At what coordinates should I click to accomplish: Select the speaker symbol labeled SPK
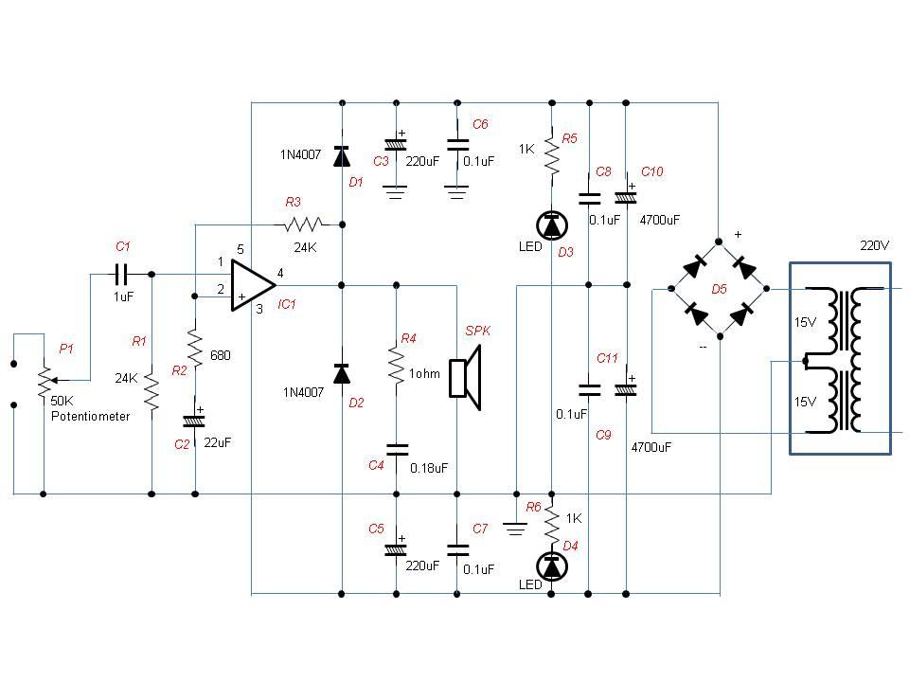pos(466,378)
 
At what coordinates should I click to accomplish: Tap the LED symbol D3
pos(551,225)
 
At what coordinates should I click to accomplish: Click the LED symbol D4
pos(551,565)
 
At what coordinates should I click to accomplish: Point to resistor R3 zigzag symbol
pos(303,224)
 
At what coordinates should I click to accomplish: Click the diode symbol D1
pos(341,156)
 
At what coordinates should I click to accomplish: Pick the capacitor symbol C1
pos(122,275)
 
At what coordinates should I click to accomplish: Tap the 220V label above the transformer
pos(874,245)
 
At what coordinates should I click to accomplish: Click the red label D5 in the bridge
pos(719,289)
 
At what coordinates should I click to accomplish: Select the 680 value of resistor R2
pos(219,355)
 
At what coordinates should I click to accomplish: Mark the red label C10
pos(651,171)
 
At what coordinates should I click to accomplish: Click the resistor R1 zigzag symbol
pos(151,389)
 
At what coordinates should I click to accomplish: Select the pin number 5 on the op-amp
pos(240,249)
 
